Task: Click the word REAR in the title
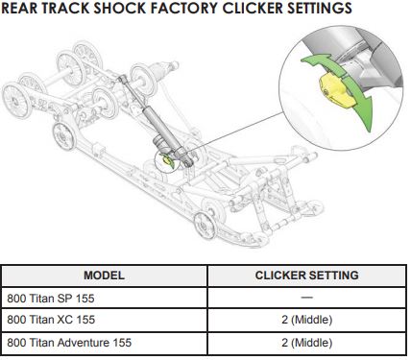click(x=19, y=8)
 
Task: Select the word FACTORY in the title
click(x=184, y=8)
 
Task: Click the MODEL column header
click(x=104, y=276)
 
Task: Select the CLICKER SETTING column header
click(x=306, y=276)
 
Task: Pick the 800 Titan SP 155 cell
click(x=51, y=299)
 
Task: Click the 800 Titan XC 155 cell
click(x=51, y=320)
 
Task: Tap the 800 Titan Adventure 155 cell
click(x=69, y=343)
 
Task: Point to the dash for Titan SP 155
click(x=306, y=298)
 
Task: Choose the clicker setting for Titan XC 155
click(x=306, y=320)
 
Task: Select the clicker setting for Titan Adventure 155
click(x=306, y=343)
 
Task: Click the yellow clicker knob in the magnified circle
click(x=337, y=90)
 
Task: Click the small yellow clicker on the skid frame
click(x=166, y=159)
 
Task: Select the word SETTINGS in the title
click(x=320, y=8)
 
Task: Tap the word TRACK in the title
click(x=65, y=8)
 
